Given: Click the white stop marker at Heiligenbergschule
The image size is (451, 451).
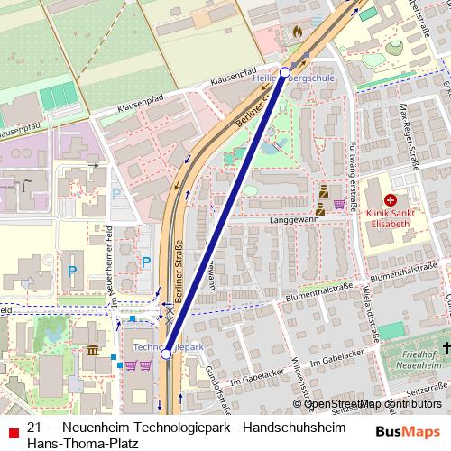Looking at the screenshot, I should (x=285, y=71).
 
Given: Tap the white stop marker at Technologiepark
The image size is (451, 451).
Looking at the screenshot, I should (x=166, y=354).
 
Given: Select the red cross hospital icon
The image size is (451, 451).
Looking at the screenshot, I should (x=391, y=199).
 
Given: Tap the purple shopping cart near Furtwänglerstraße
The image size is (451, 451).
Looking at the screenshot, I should (x=339, y=204).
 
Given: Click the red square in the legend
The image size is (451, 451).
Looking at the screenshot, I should (x=12, y=429).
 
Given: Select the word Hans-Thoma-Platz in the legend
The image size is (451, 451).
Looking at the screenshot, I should (x=82, y=443).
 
